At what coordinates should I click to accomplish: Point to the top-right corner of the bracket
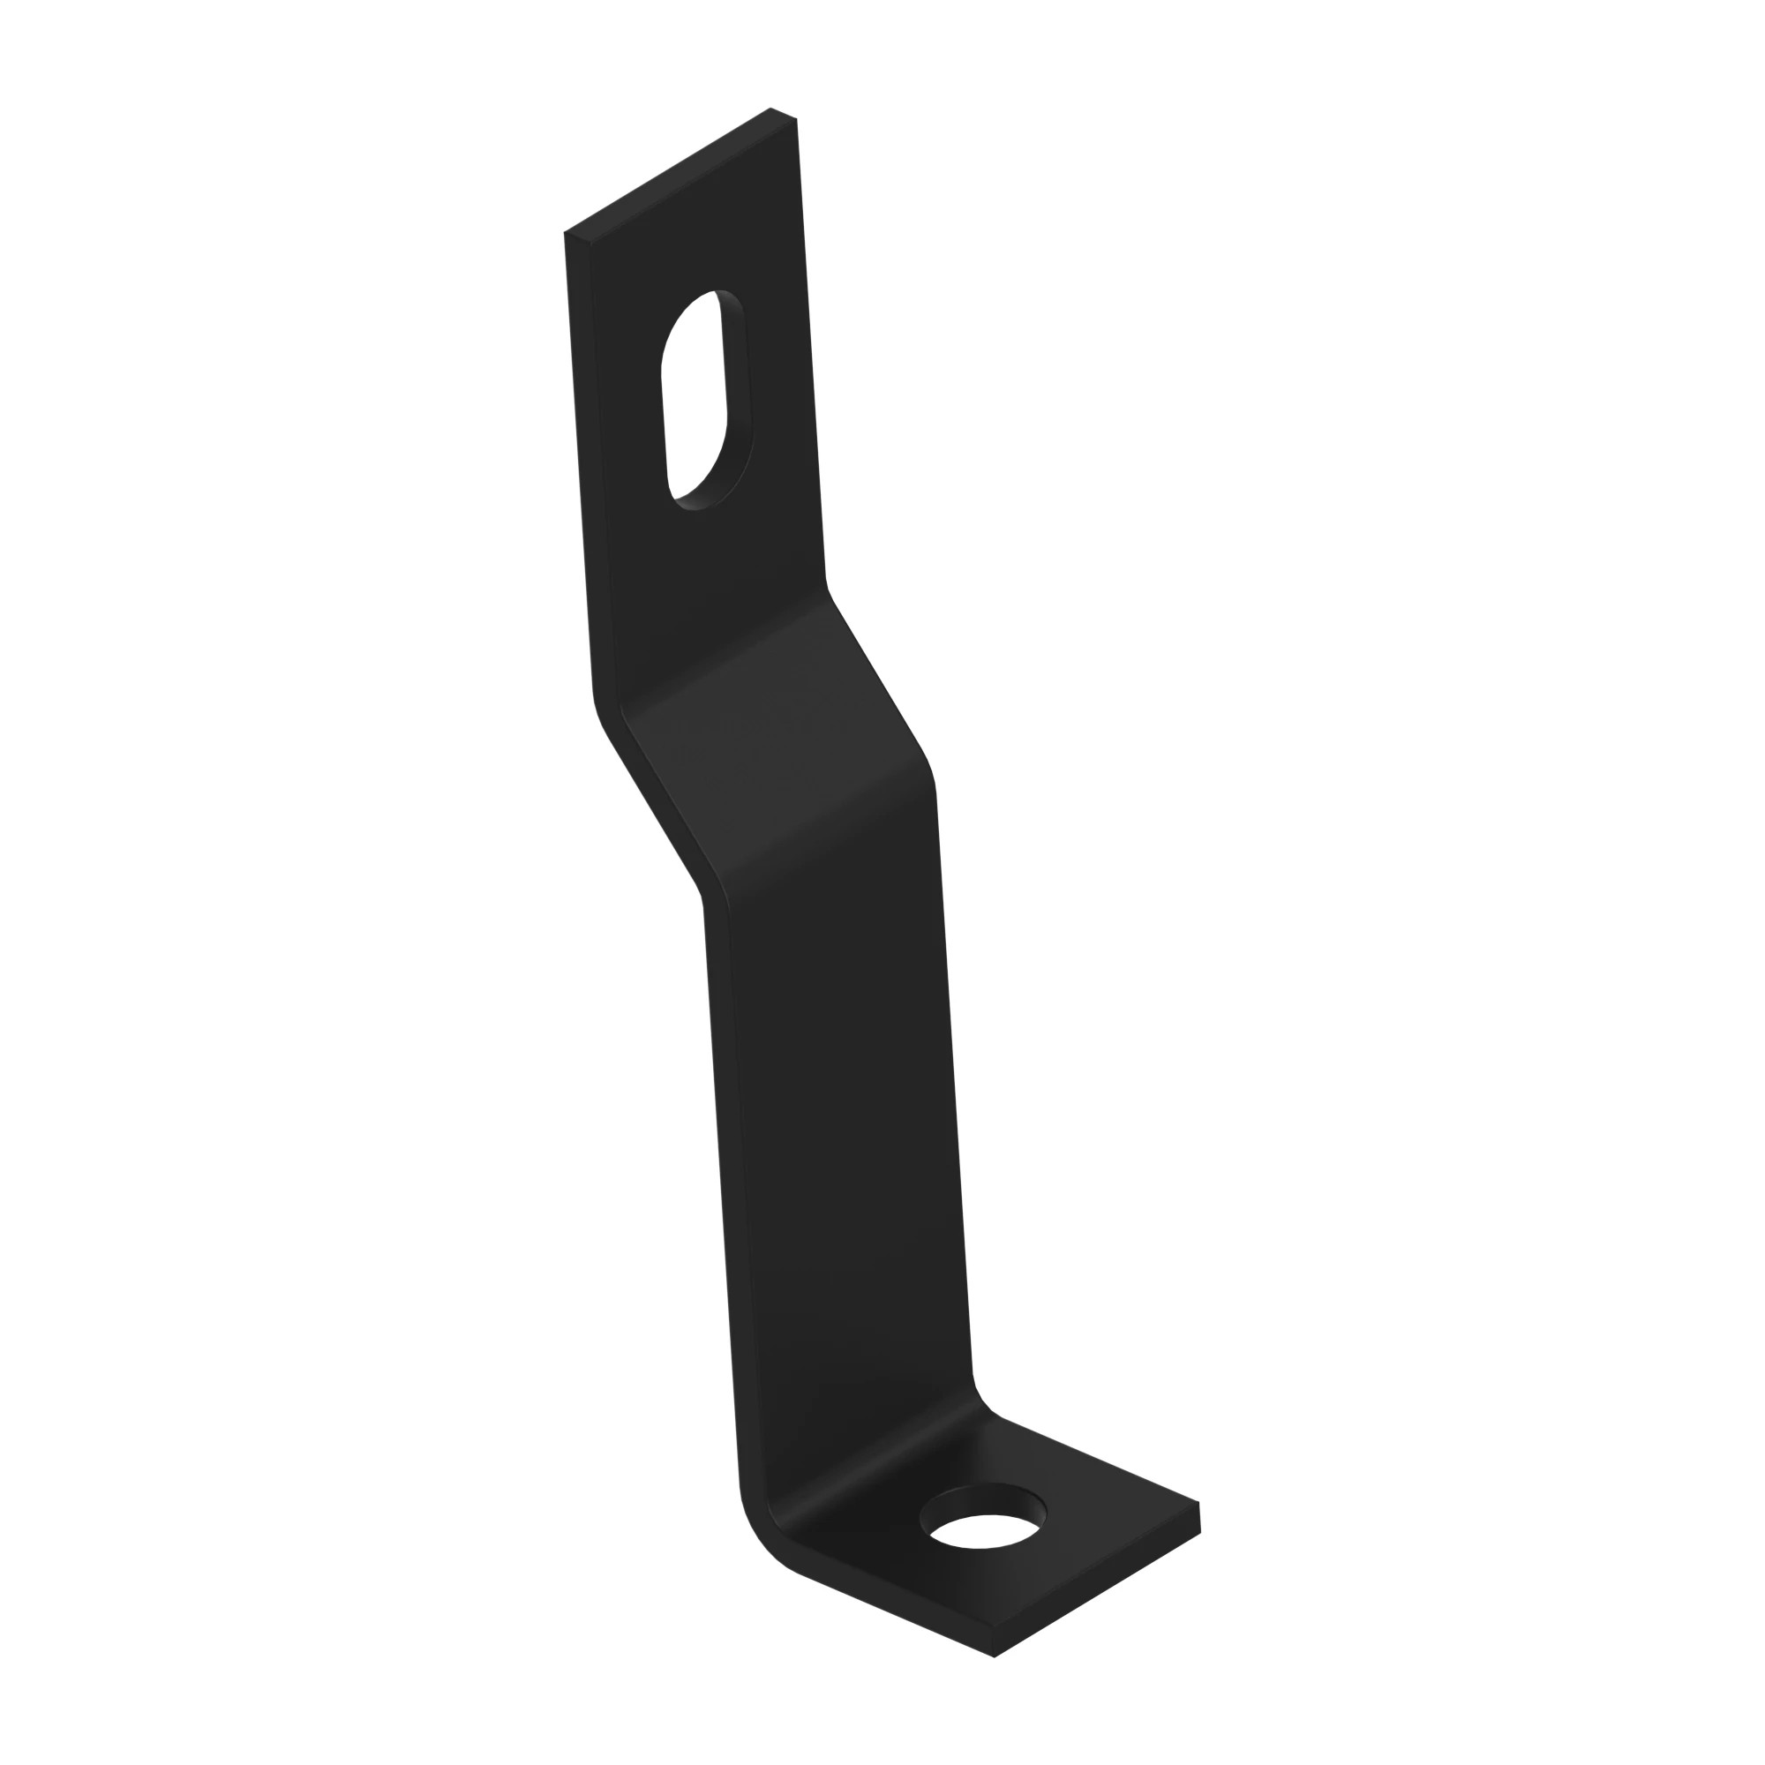[795, 119]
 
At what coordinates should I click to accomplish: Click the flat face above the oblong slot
[695, 237]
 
